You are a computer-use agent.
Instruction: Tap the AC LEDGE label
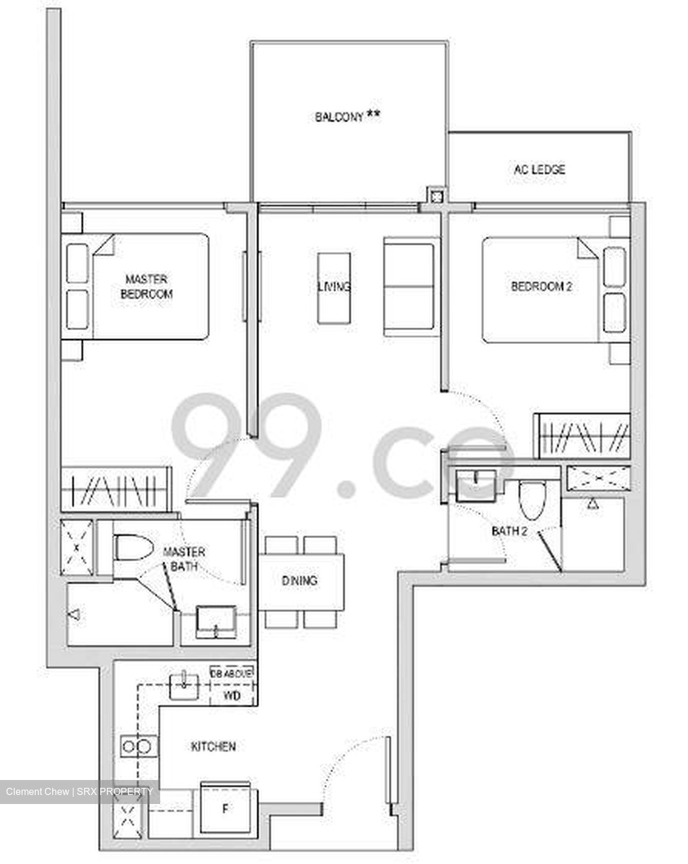pyautogui.click(x=539, y=170)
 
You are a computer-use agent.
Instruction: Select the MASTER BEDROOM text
pyautogui.click(x=146, y=287)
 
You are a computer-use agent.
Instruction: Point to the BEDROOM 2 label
pyautogui.click(x=541, y=286)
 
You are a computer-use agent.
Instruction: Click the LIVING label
pyautogui.click(x=334, y=287)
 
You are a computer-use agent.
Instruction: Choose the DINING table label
pyautogui.click(x=300, y=581)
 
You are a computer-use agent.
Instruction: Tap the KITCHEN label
pyautogui.click(x=213, y=746)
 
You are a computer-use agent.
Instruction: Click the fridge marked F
pyautogui.click(x=226, y=808)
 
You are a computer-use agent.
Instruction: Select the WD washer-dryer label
pyautogui.click(x=232, y=695)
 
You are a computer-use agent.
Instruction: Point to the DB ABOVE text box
pyautogui.click(x=232, y=673)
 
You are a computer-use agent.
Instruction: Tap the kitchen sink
pyautogui.click(x=184, y=686)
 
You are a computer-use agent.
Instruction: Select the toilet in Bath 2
pyautogui.click(x=531, y=499)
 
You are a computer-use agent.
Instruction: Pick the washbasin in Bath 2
pyautogui.click(x=476, y=485)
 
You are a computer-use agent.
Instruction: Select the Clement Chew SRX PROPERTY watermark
pyautogui.click(x=79, y=791)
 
